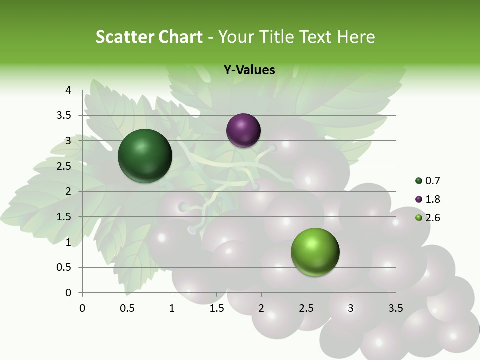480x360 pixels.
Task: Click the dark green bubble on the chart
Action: coord(145,156)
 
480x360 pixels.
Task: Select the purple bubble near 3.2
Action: coord(243,130)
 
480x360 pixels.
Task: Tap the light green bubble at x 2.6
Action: coord(315,252)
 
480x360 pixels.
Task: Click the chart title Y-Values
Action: coord(249,70)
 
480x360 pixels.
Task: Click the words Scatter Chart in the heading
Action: coord(149,37)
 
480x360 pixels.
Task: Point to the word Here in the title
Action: coord(356,37)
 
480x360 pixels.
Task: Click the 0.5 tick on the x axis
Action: coord(127,308)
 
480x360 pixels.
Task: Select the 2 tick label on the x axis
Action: coord(261,308)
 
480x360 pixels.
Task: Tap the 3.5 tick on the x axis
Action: coord(395,308)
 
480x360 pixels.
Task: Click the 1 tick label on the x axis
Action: coord(172,308)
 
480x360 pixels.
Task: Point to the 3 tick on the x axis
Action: coord(351,308)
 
